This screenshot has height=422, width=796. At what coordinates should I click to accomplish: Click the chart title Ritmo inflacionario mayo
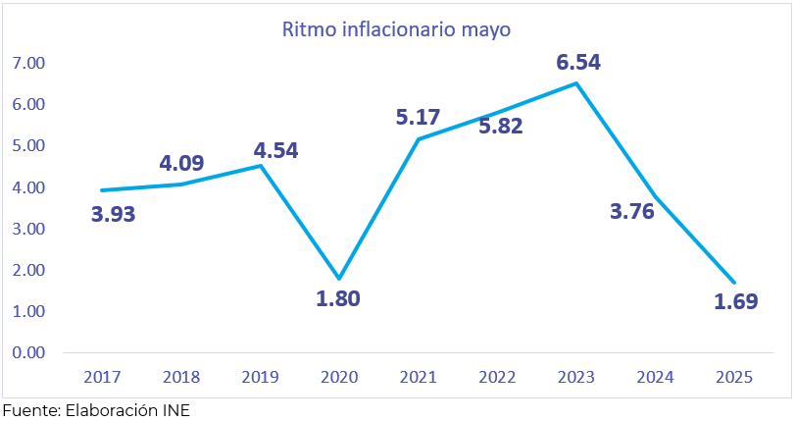(x=397, y=29)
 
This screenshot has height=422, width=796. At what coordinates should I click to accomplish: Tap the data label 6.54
(x=578, y=62)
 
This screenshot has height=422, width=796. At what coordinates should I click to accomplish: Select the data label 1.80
(x=338, y=298)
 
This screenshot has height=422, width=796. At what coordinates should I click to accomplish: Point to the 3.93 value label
(x=114, y=213)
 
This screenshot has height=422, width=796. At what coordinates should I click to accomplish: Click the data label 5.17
(x=419, y=118)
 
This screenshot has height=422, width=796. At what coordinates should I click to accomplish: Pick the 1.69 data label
(x=735, y=300)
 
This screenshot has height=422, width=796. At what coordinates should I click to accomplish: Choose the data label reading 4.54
(x=275, y=151)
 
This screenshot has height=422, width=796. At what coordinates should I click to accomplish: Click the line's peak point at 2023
(x=576, y=82)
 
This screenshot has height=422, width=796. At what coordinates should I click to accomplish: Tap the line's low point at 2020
(x=339, y=279)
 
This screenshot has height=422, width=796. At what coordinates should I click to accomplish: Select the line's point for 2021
(x=419, y=139)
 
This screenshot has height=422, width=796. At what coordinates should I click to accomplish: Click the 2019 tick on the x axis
(x=261, y=377)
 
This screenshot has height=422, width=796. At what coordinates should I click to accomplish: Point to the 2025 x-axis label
(x=734, y=377)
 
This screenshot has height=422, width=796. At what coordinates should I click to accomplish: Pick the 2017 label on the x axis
(x=102, y=377)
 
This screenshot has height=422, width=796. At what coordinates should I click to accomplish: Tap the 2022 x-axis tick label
(x=497, y=377)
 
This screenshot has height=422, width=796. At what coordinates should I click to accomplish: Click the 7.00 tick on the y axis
(x=29, y=63)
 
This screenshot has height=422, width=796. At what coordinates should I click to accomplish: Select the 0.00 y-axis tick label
(x=29, y=352)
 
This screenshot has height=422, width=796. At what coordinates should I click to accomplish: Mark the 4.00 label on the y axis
(x=29, y=187)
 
